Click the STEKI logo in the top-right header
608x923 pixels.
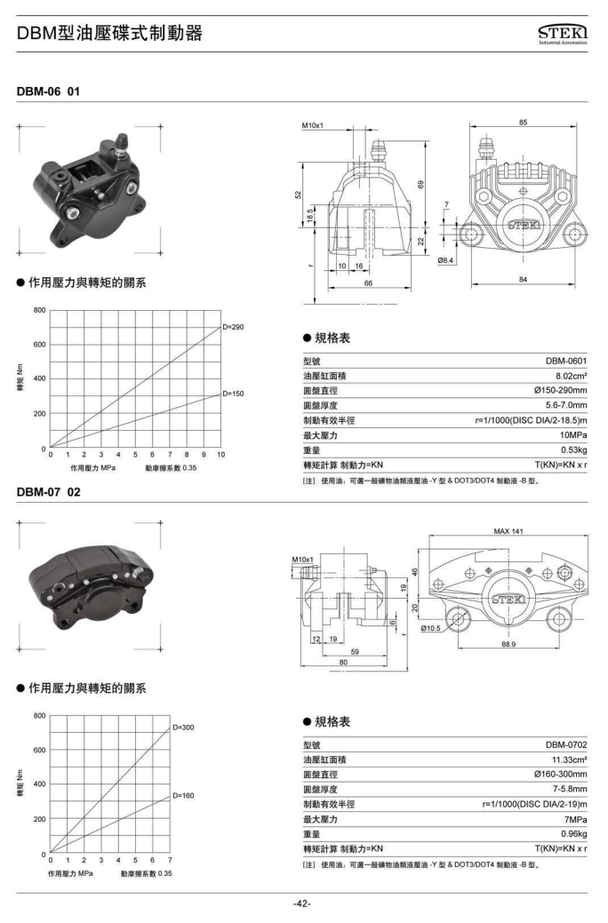click(x=563, y=34)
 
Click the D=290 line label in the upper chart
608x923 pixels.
click(x=233, y=327)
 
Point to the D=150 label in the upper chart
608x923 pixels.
click(x=233, y=394)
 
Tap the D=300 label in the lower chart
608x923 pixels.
click(x=183, y=728)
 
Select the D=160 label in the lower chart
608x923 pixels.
click(x=183, y=796)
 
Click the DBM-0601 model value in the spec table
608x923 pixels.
click(x=566, y=361)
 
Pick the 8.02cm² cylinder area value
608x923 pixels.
click(x=571, y=376)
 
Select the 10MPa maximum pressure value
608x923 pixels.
click(x=573, y=435)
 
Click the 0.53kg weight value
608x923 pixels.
click(x=574, y=450)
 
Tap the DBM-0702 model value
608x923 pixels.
click(x=566, y=744)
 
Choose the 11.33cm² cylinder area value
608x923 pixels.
click(x=569, y=760)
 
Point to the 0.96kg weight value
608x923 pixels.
click(x=574, y=834)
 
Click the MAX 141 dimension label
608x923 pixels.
click(x=508, y=531)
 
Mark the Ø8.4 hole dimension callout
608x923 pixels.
click(x=445, y=259)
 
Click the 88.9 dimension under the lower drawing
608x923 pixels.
click(x=508, y=644)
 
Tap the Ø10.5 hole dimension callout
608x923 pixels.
click(x=430, y=628)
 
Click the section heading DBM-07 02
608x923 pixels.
click(x=48, y=492)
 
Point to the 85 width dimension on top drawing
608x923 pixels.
click(x=524, y=123)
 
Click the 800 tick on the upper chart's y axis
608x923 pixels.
click(x=39, y=310)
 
